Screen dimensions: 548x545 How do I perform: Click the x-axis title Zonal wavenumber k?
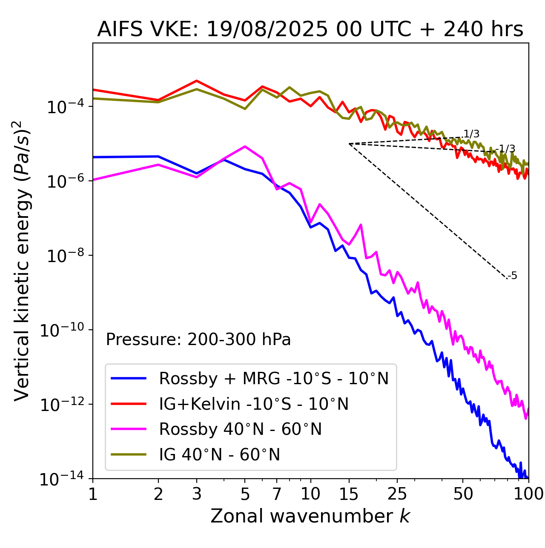310,516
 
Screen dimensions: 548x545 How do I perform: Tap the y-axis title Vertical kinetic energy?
22,260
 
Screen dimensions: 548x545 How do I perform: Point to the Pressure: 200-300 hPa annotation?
198,340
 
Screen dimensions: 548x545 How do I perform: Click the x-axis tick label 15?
349,494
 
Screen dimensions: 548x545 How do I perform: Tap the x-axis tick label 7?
277,494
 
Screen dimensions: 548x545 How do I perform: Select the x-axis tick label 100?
528,494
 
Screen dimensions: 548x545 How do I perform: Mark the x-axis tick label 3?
197,494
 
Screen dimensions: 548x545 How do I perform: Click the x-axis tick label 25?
397,494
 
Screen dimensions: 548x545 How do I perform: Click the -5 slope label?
513,276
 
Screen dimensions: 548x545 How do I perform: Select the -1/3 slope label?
506,149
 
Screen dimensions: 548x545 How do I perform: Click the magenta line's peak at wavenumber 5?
245,146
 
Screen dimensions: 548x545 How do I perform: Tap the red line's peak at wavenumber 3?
197,80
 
